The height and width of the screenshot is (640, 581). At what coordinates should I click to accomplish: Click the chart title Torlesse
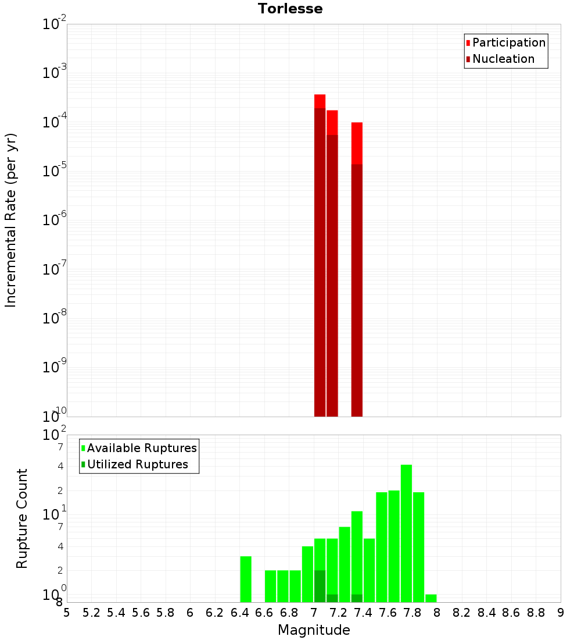pyautogui.click(x=290, y=9)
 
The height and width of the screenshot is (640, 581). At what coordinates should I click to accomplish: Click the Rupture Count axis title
pyautogui.click(x=22, y=518)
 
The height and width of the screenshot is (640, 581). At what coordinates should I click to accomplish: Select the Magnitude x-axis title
pyautogui.click(x=314, y=630)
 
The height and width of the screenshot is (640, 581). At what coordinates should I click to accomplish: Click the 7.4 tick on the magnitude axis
pyautogui.click(x=363, y=613)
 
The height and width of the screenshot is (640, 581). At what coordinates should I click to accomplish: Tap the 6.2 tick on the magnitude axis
pyautogui.click(x=215, y=613)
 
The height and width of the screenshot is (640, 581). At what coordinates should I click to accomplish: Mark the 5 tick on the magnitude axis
pyautogui.click(x=67, y=613)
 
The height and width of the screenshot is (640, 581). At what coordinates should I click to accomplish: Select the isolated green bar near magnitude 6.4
pyautogui.click(x=246, y=579)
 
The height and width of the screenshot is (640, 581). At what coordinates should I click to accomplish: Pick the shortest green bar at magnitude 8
pyautogui.click(x=431, y=598)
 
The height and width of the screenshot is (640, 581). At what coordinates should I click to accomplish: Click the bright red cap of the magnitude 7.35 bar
pyautogui.click(x=357, y=143)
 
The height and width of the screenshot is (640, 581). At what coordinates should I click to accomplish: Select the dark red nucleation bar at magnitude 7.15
pyautogui.click(x=332, y=273)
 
